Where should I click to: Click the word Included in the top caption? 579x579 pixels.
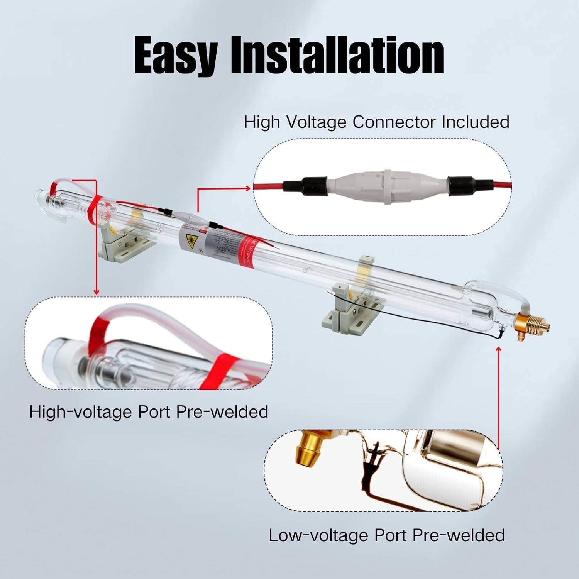pos(476,122)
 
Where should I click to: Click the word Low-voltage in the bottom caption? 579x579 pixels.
pos(318,535)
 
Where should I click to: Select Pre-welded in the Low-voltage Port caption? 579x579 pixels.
pos(459,535)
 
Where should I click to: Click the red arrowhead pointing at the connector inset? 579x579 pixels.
pos(247,188)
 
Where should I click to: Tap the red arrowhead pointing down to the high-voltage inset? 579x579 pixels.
pos(96,292)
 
